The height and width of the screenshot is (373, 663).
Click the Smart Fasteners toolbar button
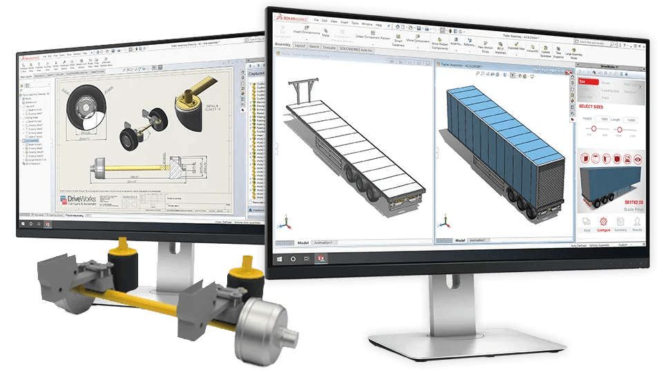coord(398,42)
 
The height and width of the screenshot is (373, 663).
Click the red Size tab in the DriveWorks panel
coord(584,81)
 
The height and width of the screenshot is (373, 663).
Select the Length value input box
coord(630,119)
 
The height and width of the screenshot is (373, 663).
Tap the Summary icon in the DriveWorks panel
coord(619,222)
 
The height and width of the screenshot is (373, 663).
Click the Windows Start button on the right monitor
coord(280,258)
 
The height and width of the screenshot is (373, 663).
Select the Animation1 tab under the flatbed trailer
coord(323,243)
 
